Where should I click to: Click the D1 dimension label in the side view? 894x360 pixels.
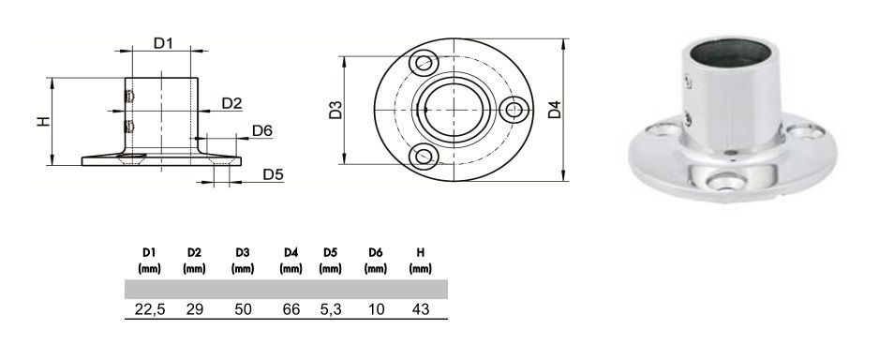click(163, 43)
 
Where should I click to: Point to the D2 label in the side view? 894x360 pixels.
click(232, 103)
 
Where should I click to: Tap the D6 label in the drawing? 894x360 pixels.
click(262, 130)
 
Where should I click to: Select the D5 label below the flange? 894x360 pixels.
click(273, 174)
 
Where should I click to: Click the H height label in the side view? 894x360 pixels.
click(44, 121)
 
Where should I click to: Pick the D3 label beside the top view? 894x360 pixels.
click(335, 110)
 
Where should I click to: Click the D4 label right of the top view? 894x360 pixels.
click(555, 110)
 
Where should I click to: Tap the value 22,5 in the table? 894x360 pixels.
click(149, 309)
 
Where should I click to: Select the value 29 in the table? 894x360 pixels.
click(194, 309)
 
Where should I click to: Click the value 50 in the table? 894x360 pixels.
click(243, 309)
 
